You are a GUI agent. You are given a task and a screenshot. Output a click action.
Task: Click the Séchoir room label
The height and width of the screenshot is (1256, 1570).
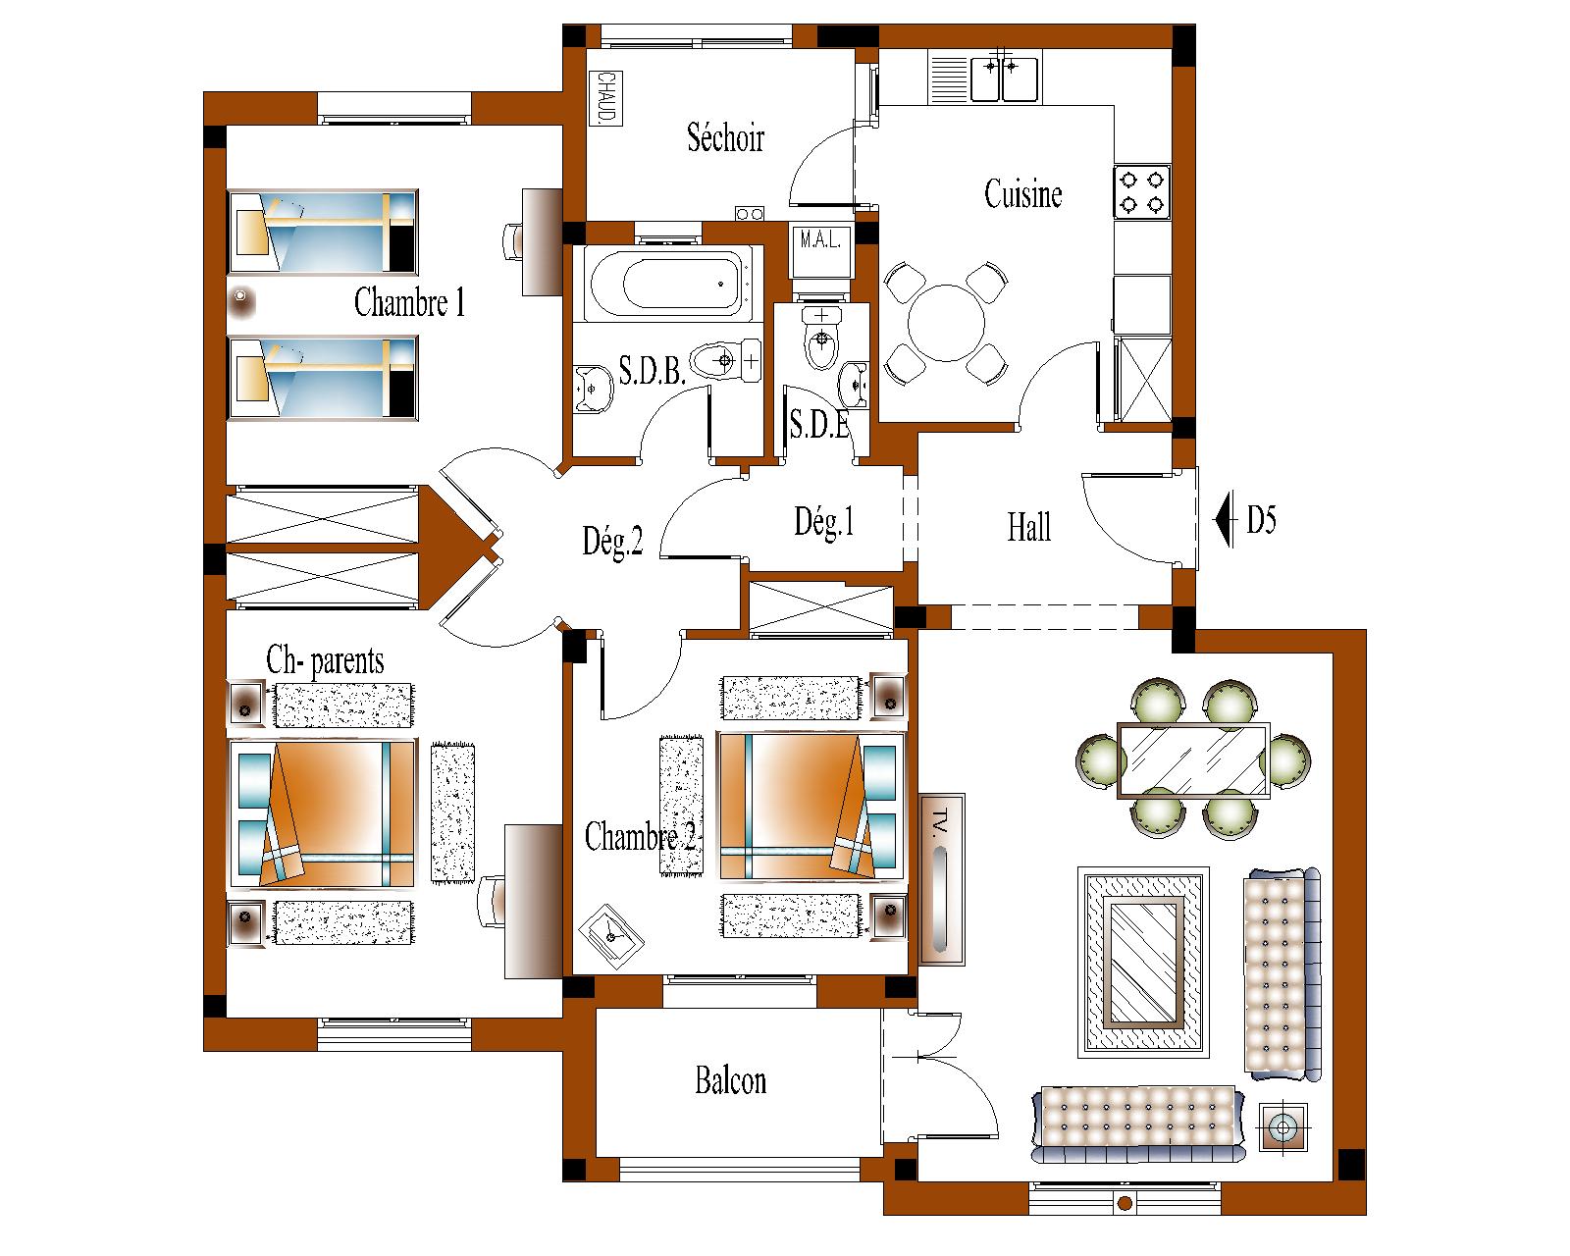(x=725, y=137)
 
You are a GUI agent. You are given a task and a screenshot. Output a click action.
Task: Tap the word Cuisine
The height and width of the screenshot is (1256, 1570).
(x=1022, y=193)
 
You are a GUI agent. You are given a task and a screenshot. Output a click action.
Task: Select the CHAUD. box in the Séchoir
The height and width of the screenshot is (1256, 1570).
(x=605, y=98)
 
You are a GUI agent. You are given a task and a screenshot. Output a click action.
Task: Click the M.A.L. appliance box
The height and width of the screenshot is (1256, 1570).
(x=821, y=249)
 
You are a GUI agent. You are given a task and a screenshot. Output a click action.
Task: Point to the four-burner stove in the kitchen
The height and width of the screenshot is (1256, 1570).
(x=1142, y=192)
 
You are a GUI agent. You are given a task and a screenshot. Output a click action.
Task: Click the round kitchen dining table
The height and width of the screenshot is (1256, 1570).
(x=946, y=323)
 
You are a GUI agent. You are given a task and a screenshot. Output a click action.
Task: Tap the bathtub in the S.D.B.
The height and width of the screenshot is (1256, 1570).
(x=668, y=285)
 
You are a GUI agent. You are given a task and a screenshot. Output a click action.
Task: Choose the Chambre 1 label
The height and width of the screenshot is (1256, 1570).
(x=409, y=301)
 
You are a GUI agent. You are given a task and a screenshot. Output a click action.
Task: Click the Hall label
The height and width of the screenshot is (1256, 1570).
(x=1028, y=527)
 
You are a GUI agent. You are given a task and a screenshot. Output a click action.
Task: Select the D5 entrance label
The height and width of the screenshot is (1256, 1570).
(x=1262, y=520)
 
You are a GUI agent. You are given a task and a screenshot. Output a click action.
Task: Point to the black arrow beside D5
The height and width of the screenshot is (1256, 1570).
(x=1225, y=520)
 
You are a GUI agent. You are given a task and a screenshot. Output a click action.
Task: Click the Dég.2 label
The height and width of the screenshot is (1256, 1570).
(x=613, y=542)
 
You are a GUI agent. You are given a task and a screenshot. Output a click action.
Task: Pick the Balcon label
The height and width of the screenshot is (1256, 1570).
(x=731, y=1080)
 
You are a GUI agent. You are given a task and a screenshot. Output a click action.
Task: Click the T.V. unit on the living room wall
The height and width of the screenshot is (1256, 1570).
(x=942, y=880)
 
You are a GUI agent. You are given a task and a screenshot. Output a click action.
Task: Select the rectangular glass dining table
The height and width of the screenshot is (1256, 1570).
(x=1193, y=759)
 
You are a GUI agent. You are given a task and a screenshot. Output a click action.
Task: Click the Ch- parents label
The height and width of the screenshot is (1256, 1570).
(x=325, y=660)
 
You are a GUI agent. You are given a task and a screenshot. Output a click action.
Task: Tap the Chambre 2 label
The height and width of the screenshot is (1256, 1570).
(x=640, y=836)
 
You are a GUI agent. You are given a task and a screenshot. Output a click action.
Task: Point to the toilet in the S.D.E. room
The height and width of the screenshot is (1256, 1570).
(x=821, y=339)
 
